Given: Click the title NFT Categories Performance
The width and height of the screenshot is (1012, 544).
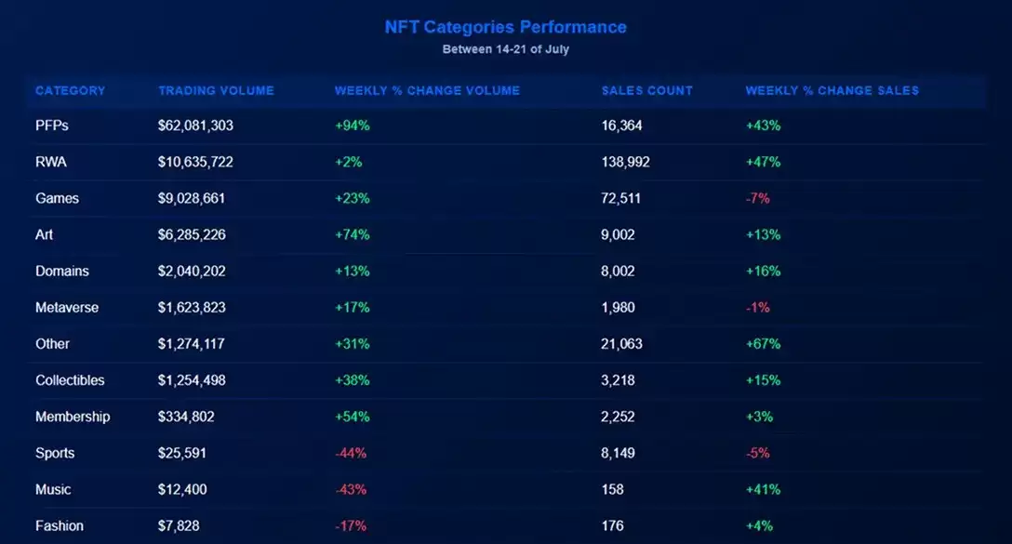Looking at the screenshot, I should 505,27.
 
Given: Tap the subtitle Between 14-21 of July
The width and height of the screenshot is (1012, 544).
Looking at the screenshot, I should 505,49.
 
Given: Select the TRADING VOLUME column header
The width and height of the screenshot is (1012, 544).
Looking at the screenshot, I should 216,91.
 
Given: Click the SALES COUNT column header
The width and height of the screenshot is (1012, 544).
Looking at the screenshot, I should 646,91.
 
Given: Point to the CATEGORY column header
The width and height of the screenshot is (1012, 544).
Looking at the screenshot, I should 70,91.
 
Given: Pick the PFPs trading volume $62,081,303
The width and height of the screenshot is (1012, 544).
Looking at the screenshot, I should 195,126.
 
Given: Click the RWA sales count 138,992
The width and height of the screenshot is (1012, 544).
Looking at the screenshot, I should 625,162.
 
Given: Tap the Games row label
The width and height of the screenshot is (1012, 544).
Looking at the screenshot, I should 57,198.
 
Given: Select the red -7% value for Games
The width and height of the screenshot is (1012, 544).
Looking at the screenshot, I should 757,198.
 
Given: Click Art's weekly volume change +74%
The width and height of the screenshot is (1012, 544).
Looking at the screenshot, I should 352,234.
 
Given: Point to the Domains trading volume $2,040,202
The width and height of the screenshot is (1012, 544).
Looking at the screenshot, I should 192,272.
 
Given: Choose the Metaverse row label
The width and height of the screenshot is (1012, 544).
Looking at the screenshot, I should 66,308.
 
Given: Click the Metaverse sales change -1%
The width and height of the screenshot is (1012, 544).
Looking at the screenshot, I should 757,308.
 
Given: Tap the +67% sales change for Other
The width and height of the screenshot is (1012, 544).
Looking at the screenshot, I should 763,344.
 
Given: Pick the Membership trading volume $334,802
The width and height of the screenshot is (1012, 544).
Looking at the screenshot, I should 186,417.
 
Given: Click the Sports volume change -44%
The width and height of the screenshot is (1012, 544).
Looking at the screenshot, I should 351,454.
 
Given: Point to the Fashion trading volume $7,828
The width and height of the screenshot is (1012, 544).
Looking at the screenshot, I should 178,526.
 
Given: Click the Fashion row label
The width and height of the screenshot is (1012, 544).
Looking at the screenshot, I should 59,526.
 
